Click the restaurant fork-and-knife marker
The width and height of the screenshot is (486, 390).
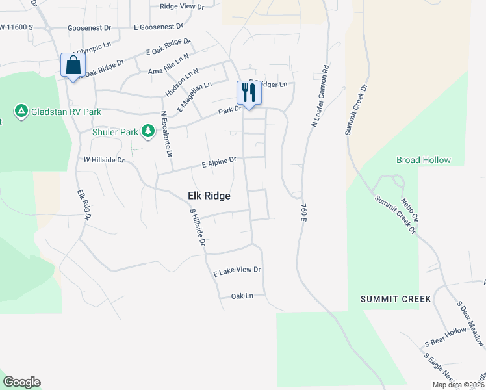248,93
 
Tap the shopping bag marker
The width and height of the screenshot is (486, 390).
71,65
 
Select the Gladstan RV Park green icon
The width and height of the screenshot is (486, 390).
21,112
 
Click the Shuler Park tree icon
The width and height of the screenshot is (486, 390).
148,132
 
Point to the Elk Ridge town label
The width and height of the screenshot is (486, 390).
209,196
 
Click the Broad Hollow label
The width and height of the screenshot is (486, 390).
423,160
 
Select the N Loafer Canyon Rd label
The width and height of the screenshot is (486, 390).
319,95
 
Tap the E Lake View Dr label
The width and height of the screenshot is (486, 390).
237,272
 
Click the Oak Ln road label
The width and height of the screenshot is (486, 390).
241,296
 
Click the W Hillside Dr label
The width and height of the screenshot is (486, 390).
103,159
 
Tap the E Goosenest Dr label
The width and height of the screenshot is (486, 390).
159,27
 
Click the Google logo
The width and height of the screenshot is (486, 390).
21,382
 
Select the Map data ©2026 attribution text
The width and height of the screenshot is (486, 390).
457,385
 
